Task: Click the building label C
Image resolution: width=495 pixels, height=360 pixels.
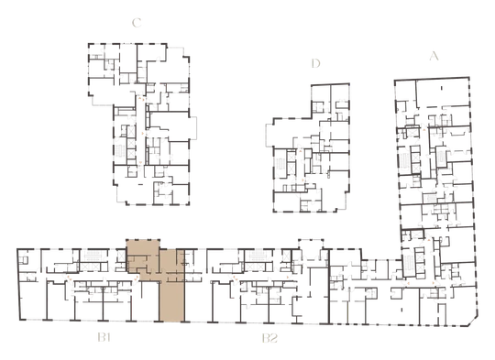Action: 137,23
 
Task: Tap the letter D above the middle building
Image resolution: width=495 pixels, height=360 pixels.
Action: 315,63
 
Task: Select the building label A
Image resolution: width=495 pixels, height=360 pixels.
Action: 434,56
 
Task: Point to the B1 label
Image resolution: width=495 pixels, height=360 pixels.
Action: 104,338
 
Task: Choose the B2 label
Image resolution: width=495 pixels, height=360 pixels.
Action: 269,339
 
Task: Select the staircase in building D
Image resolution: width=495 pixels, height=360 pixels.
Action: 280,164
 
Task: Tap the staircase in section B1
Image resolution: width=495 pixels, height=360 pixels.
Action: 93,256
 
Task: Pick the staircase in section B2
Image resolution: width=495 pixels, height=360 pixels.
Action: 258,256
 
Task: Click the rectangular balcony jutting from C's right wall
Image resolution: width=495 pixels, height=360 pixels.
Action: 192,127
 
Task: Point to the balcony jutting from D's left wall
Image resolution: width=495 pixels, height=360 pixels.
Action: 269,135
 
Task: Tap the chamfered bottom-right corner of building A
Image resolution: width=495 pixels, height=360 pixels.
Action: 473,322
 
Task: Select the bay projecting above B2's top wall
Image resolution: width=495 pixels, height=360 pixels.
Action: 312,245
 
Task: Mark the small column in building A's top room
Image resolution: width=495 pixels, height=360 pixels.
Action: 442,88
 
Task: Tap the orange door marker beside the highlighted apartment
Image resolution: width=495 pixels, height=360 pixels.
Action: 136,278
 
